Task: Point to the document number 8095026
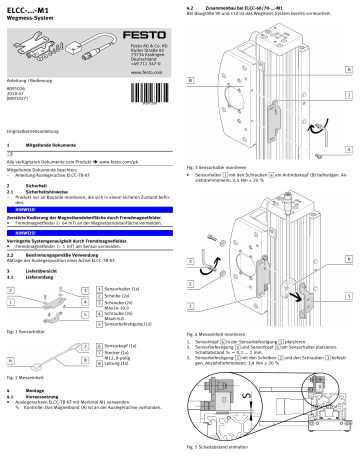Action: (16, 88)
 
